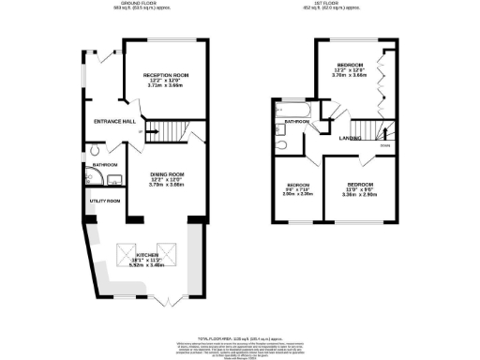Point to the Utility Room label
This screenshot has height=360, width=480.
(104, 201)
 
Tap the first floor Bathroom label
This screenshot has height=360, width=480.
(298, 122)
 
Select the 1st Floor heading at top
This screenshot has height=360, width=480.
(340, 5)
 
